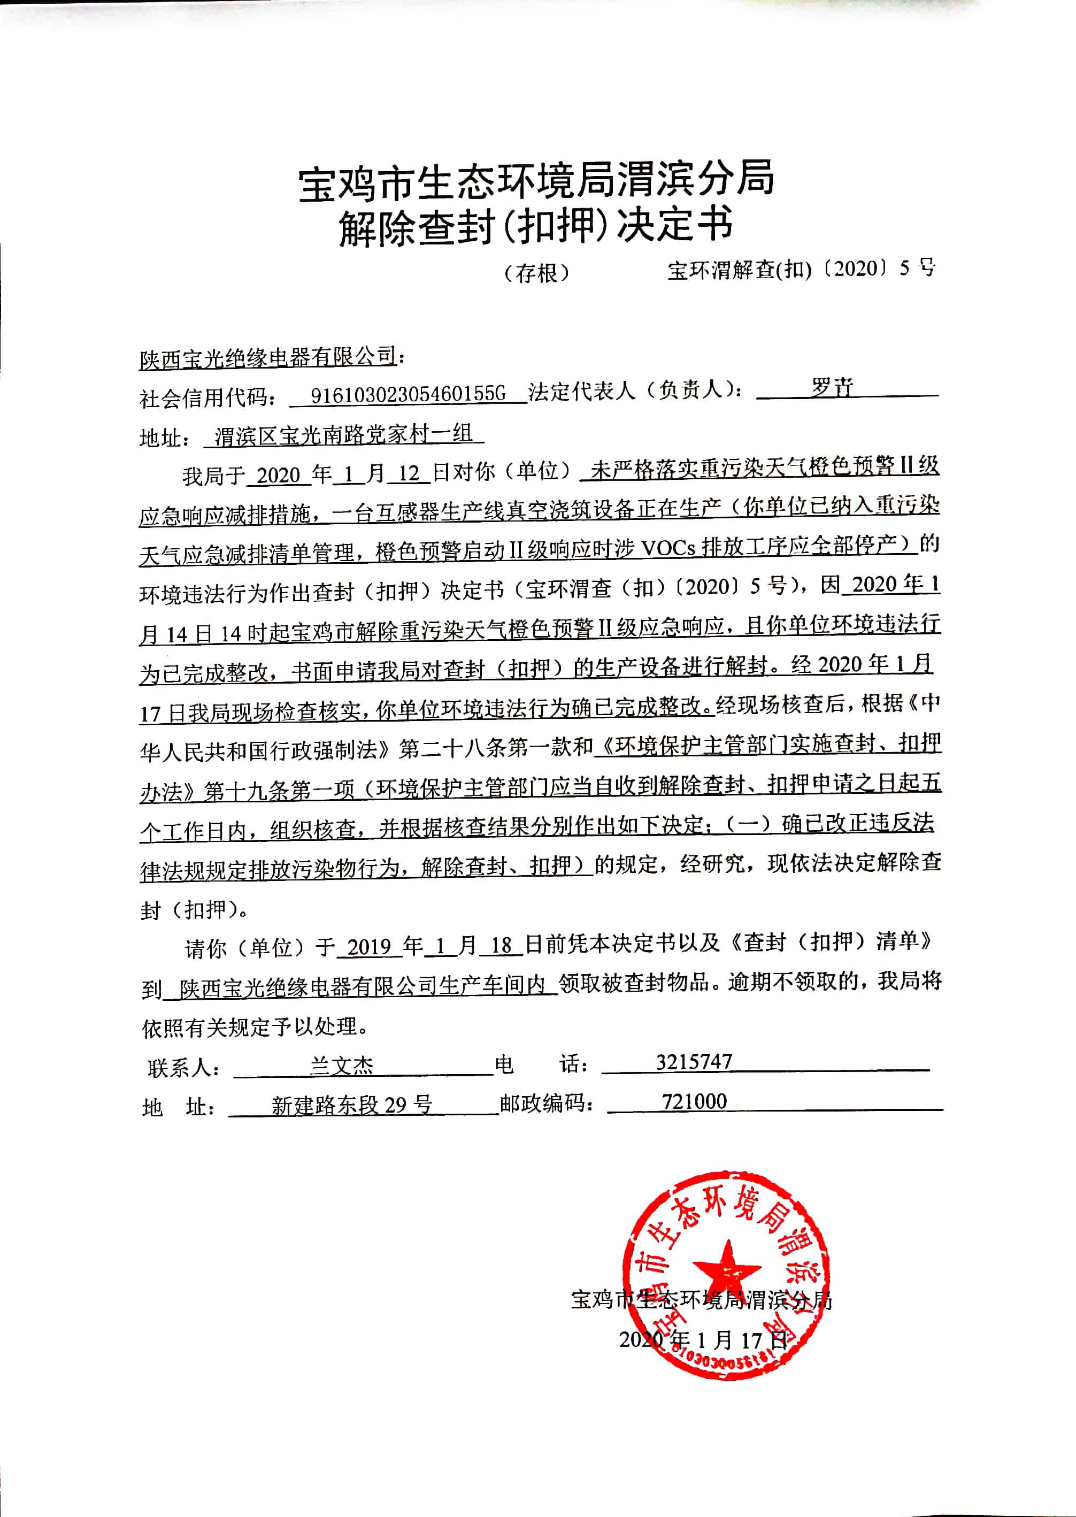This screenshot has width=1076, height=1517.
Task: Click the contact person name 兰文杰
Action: [342, 1065]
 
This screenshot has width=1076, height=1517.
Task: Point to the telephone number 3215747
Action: [694, 1062]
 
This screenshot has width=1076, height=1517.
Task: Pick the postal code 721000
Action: [694, 1101]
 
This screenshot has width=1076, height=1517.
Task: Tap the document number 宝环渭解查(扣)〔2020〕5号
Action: [801, 269]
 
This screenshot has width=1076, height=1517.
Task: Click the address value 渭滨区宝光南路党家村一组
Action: [344, 435]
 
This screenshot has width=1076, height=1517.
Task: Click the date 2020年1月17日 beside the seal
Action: [703, 1340]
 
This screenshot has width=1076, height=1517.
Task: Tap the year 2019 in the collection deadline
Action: [370, 946]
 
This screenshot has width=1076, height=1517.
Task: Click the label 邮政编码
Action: [544, 1104]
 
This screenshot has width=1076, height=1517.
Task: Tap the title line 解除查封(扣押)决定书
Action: [536, 226]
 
